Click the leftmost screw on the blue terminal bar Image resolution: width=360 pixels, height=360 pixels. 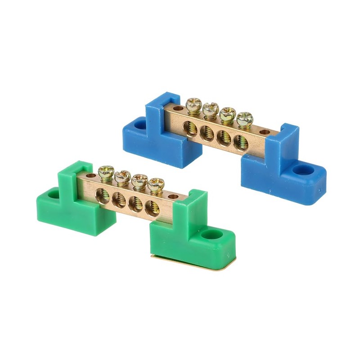(194, 105)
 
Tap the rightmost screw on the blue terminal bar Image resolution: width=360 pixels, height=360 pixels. (245, 119)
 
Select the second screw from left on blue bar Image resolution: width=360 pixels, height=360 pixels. (210, 109)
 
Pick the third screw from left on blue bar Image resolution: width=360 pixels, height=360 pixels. (228, 114)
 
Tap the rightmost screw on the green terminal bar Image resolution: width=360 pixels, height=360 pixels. (156, 184)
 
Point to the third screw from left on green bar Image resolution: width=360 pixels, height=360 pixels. (139, 181)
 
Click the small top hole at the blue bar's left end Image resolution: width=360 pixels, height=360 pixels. (178, 108)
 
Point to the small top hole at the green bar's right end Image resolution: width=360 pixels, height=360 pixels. (172, 197)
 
